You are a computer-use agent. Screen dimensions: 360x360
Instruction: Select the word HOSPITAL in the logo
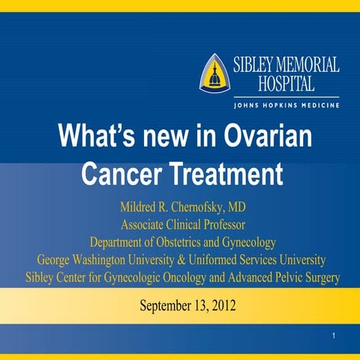(x=286, y=82)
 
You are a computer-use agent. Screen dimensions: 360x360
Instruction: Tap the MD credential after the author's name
(x=232, y=206)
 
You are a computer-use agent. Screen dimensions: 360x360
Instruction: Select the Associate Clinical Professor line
(x=180, y=223)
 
